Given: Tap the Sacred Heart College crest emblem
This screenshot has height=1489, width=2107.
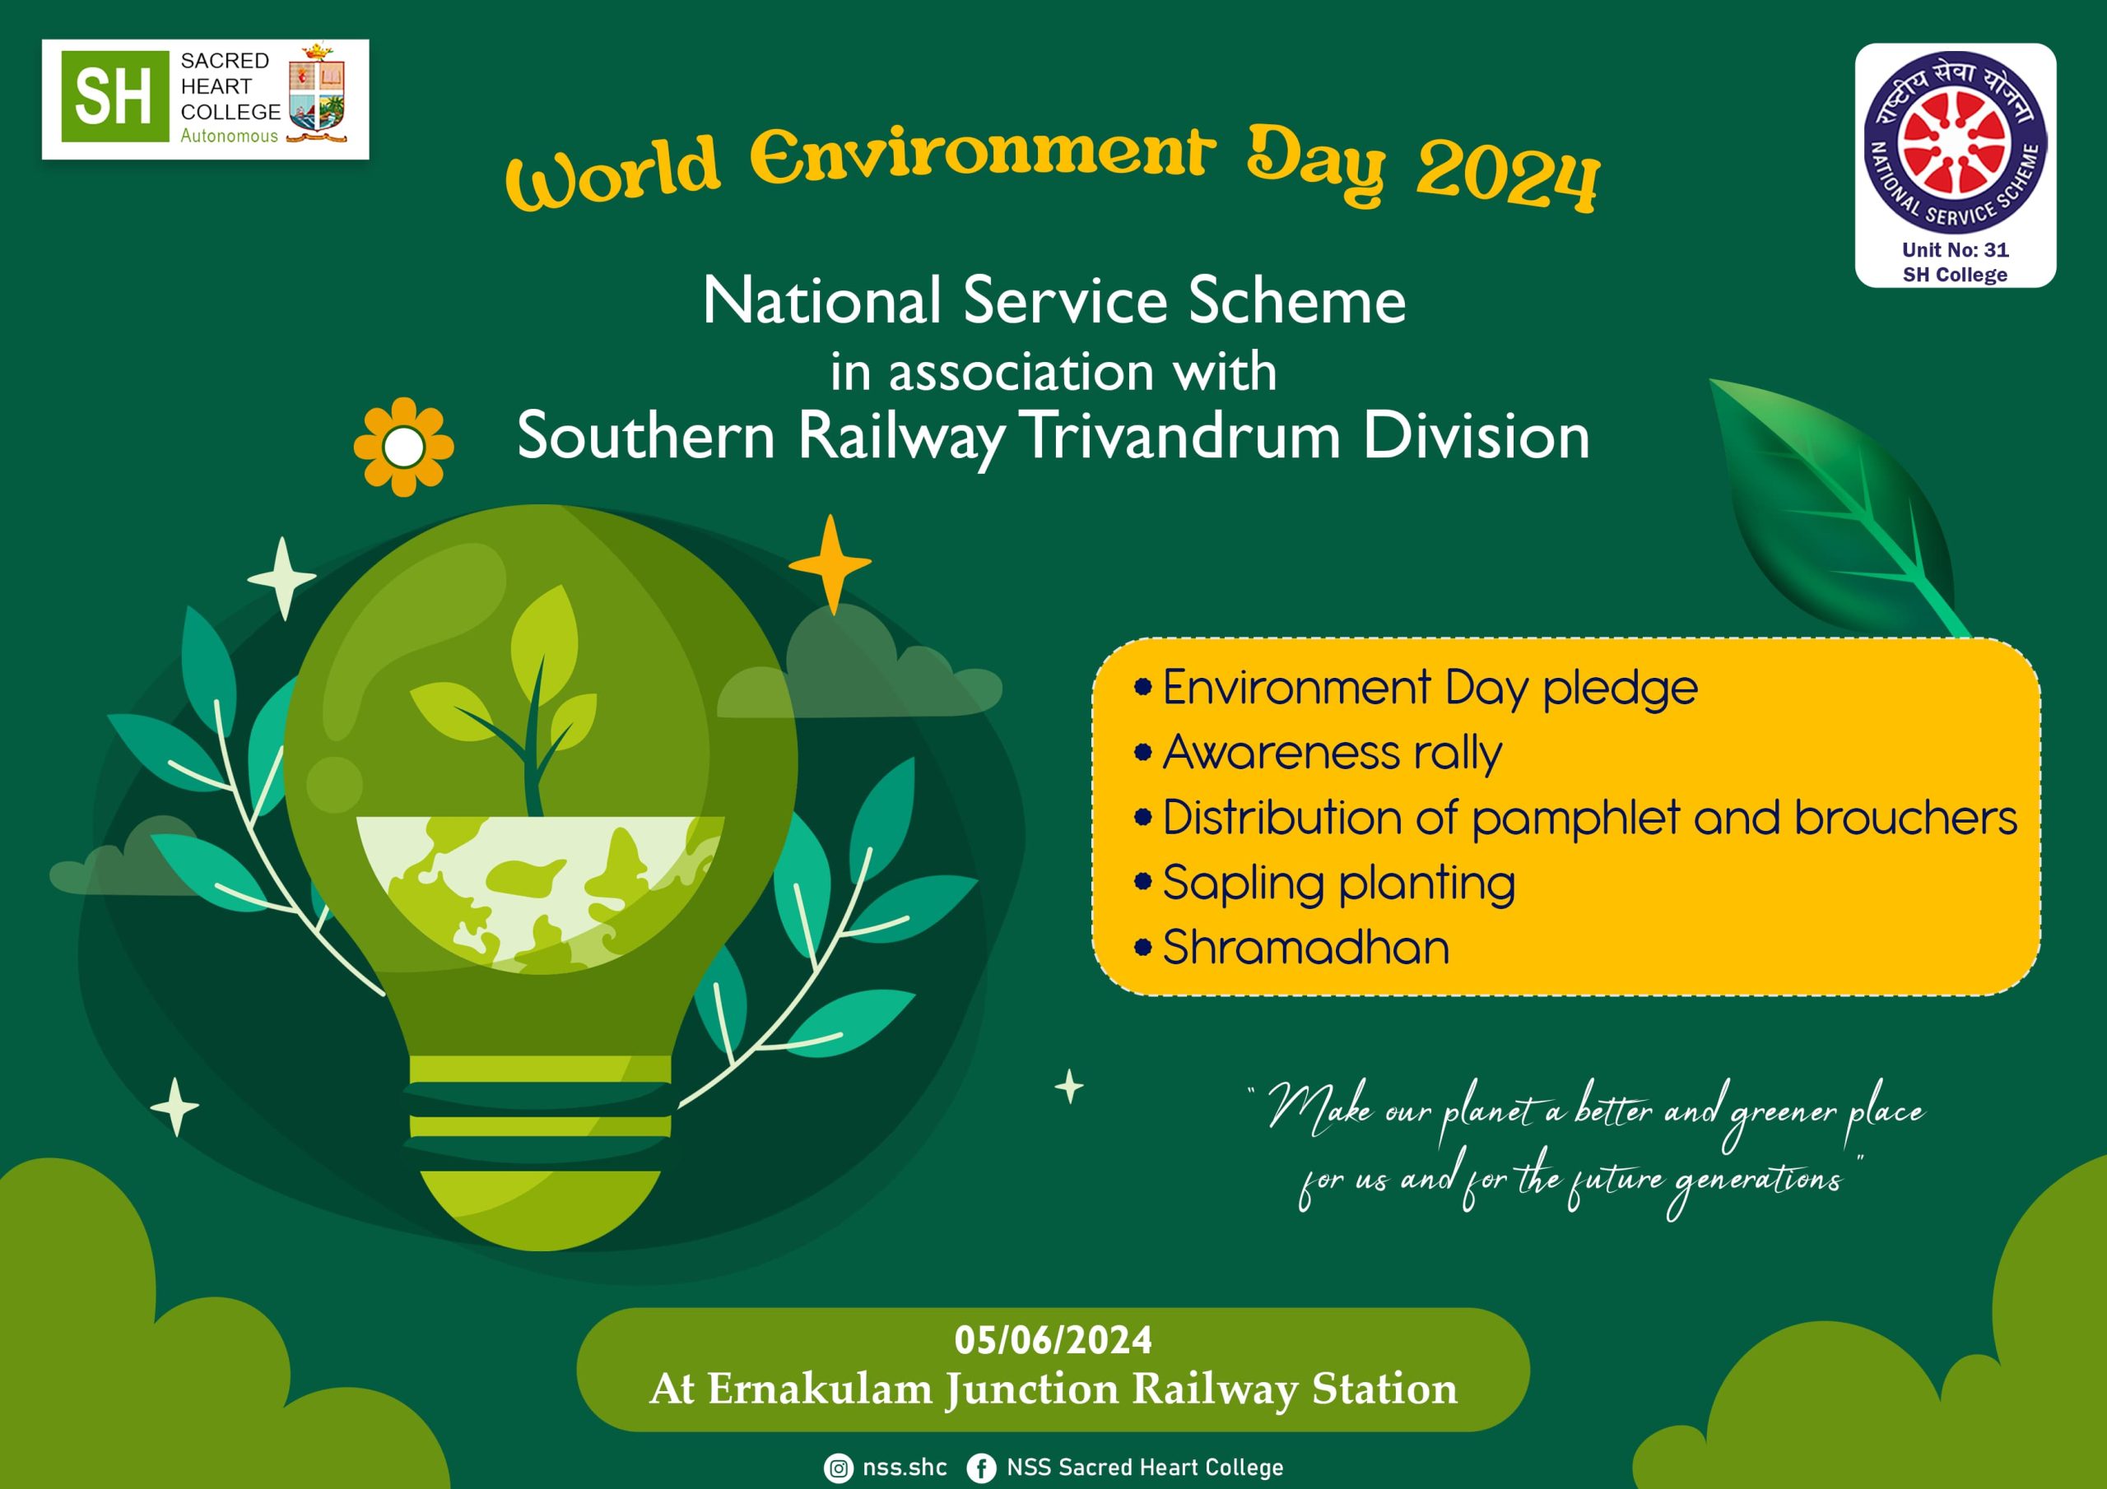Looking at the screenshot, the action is coord(317,93).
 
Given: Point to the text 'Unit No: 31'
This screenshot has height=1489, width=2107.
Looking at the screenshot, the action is coord(1956,249).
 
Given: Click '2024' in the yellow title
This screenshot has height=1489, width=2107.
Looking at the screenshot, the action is coord(1508,177).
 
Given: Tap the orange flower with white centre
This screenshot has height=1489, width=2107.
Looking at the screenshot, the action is coord(404,447).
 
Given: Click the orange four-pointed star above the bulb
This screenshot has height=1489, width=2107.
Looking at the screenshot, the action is coord(830,564).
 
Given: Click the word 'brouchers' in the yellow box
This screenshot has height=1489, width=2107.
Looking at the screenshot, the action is coord(1905,817).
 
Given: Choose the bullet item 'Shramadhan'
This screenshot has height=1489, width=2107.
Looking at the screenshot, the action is coord(1292,948).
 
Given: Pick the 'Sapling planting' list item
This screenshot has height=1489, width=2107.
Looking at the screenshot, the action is coord(1325,884).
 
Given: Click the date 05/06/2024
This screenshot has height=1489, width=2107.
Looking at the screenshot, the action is coord(1053,1340).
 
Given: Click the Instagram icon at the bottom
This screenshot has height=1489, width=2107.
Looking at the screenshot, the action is coord(838,1468).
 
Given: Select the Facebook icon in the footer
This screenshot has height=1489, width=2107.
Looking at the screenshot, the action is coord(981,1468).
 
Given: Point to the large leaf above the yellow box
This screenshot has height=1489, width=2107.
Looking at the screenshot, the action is coord(1835,504).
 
